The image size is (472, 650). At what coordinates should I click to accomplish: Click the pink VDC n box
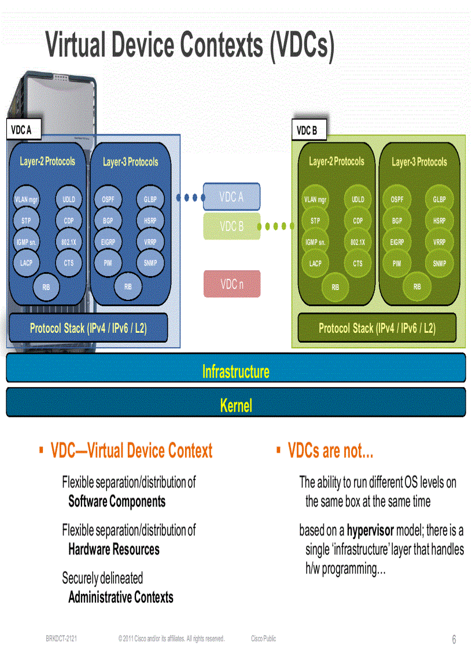tap(232, 284)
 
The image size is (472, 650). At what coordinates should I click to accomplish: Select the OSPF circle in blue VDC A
tap(108, 199)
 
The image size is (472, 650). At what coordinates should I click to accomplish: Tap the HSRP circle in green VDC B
tap(439, 221)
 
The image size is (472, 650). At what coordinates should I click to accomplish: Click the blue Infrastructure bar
tap(235, 371)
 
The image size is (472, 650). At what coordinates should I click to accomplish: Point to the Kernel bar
tap(235, 405)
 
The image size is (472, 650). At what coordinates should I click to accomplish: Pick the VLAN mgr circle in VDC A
tap(26, 200)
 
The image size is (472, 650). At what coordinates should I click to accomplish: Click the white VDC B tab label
tap(307, 131)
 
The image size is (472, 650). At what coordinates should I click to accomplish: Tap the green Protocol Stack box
tap(377, 328)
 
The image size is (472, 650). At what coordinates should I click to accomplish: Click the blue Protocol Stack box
tap(89, 328)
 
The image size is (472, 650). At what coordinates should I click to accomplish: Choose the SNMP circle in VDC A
tap(150, 263)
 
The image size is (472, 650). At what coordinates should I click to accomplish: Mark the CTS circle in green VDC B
tap(358, 263)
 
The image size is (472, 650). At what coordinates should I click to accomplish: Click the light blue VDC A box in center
tap(232, 197)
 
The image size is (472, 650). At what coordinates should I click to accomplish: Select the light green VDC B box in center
tap(232, 226)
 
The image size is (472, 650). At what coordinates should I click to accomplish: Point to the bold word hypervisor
tap(370, 530)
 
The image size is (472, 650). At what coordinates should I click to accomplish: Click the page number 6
tap(454, 640)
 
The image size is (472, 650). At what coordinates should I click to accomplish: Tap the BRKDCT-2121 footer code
tap(62, 638)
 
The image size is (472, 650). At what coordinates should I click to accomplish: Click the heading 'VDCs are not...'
tap(330, 451)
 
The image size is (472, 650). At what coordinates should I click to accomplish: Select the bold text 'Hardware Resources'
tap(114, 549)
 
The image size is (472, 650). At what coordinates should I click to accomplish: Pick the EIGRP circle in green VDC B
tap(397, 242)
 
